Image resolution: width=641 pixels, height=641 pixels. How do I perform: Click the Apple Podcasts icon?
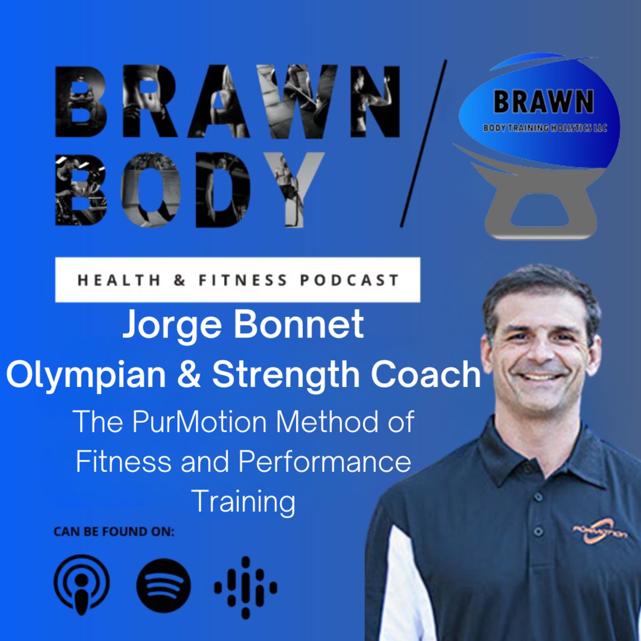81,586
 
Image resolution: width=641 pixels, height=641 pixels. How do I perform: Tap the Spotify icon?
163,586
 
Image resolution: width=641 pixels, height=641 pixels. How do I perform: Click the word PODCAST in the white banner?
349,280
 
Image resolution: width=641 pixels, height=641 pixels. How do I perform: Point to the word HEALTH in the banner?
119,280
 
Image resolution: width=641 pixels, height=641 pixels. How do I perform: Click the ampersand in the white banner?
179,280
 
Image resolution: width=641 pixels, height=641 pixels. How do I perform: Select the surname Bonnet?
299,325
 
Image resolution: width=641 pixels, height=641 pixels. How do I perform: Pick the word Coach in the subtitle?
425,374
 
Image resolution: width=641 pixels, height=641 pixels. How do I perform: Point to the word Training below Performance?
244,501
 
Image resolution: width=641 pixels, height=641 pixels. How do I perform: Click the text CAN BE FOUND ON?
114,532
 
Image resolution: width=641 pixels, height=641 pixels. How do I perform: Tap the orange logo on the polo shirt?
600,532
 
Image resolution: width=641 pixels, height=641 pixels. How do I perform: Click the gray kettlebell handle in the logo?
540,212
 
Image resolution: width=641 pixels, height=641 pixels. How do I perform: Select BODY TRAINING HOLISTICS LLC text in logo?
545,128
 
